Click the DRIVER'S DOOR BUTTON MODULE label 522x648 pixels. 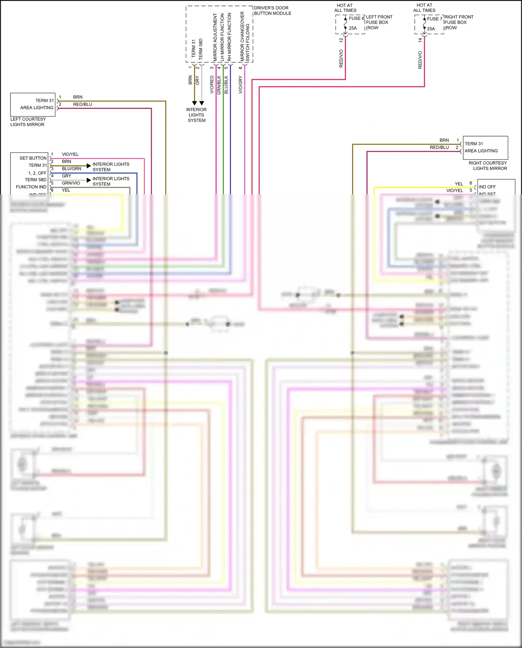coord(272,10)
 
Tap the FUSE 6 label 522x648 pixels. coord(356,18)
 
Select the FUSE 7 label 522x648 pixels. coord(434,19)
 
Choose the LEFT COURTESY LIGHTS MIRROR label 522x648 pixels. coord(28,122)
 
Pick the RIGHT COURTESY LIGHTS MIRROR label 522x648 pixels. coord(488,166)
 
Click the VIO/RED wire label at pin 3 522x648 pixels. coord(212,85)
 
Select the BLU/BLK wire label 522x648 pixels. coord(226,85)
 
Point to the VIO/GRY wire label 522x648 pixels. coord(240,85)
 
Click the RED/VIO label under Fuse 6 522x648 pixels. coord(341,58)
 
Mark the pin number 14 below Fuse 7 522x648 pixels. coord(420,40)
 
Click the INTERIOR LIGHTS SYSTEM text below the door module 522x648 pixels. coord(197,115)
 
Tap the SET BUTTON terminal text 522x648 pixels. coord(33,158)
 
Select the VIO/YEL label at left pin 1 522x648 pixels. coord(70,154)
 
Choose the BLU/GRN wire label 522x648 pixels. coord(71,169)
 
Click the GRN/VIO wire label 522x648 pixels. coord(71,183)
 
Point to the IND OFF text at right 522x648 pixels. coord(487,187)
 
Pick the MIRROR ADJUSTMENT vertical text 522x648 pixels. coord(215,38)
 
